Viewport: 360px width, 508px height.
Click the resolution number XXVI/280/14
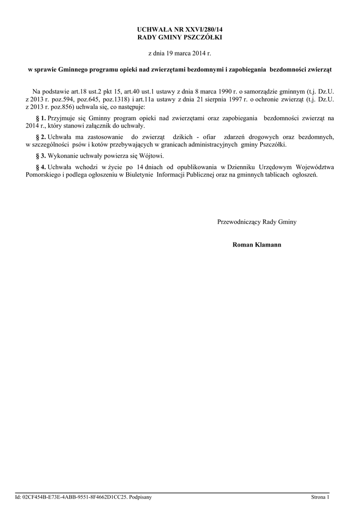click(x=201, y=30)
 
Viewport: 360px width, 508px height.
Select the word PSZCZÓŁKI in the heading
click(x=204, y=37)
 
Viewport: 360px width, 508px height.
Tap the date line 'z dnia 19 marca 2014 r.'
click(x=180, y=52)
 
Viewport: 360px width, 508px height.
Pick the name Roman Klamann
click(x=257, y=245)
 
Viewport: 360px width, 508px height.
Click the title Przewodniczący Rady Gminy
click(x=257, y=222)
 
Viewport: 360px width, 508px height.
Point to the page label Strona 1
click(x=320, y=497)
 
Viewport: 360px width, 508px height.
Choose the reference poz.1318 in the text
click(x=114, y=99)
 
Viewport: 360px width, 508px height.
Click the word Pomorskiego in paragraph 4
click(x=44, y=175)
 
